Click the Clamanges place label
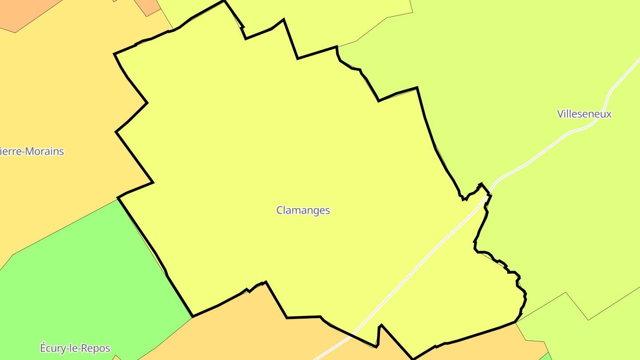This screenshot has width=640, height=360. [x=303, y=210]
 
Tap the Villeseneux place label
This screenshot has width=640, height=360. [x=584, y=114]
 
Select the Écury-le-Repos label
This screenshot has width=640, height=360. [x=75, y=348]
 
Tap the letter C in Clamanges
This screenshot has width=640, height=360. [x=280, y=210]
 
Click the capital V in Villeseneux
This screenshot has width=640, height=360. [x=560, y=114]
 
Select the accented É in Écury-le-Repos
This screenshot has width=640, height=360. [x=44, y=348]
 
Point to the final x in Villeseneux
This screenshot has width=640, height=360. [x=609, y=114]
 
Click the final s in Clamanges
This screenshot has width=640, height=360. [x=327, y=211]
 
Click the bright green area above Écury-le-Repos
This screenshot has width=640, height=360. [x=89, y=276]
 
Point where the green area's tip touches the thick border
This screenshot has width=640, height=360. [x=192, y=317]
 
